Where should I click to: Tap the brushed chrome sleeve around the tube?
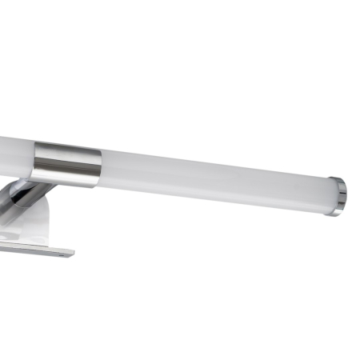[67, 163]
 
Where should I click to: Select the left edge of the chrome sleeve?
[35, 160]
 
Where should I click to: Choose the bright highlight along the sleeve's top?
[67, 149]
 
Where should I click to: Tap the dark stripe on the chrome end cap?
[341, 197]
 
